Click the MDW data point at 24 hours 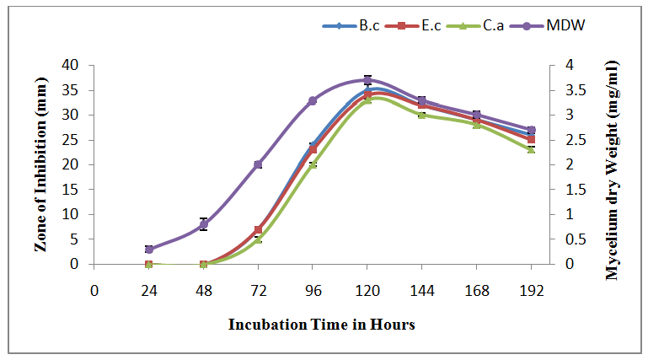[149, 250]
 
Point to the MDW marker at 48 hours [204, 224]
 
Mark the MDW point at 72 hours [258, 164]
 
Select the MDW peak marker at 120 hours [367, 80]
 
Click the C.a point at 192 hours [531, 149]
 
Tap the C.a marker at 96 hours [313, 164]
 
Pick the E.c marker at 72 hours [258, 229]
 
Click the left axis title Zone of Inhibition [41, 164]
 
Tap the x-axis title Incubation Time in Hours [322, 325]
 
